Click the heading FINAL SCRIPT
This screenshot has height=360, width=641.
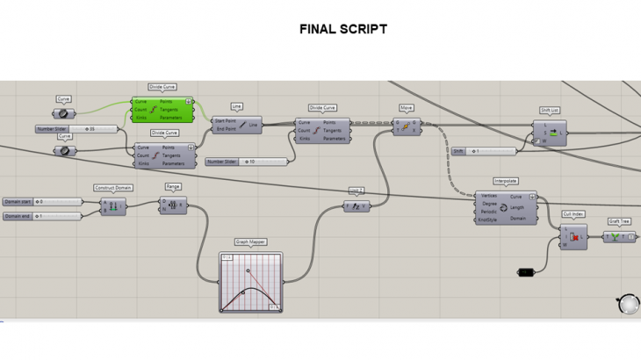click(x=342, y=29)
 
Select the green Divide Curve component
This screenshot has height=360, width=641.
click(x=162, y=109)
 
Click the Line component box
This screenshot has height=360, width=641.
click(x=237, y=125)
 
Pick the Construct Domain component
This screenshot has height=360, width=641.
click(x=113, y=206)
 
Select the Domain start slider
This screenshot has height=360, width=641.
click(x=42, y=202)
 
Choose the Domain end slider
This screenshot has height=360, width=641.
click(x=42, y=215)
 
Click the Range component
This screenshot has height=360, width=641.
click(x=173, y=205)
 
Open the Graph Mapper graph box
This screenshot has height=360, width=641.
click(x=250, y=282)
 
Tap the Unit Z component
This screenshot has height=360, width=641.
click(x=356, y=206)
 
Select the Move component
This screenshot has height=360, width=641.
click(x=407, y=126)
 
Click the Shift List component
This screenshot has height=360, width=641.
click(x=550, y=133)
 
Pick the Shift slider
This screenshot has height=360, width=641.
click(x=483, y=151)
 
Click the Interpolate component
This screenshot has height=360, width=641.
click(x=505, y=208)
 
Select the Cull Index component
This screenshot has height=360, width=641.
click(x=573, y=237)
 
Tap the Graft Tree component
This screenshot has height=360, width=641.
click(x=619, y=237)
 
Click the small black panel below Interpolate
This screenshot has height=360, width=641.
click(x=525, y=272)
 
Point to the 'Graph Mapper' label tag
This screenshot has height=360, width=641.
click(x=250, y=241)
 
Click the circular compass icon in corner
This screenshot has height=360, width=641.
click(x=628, y=304)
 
